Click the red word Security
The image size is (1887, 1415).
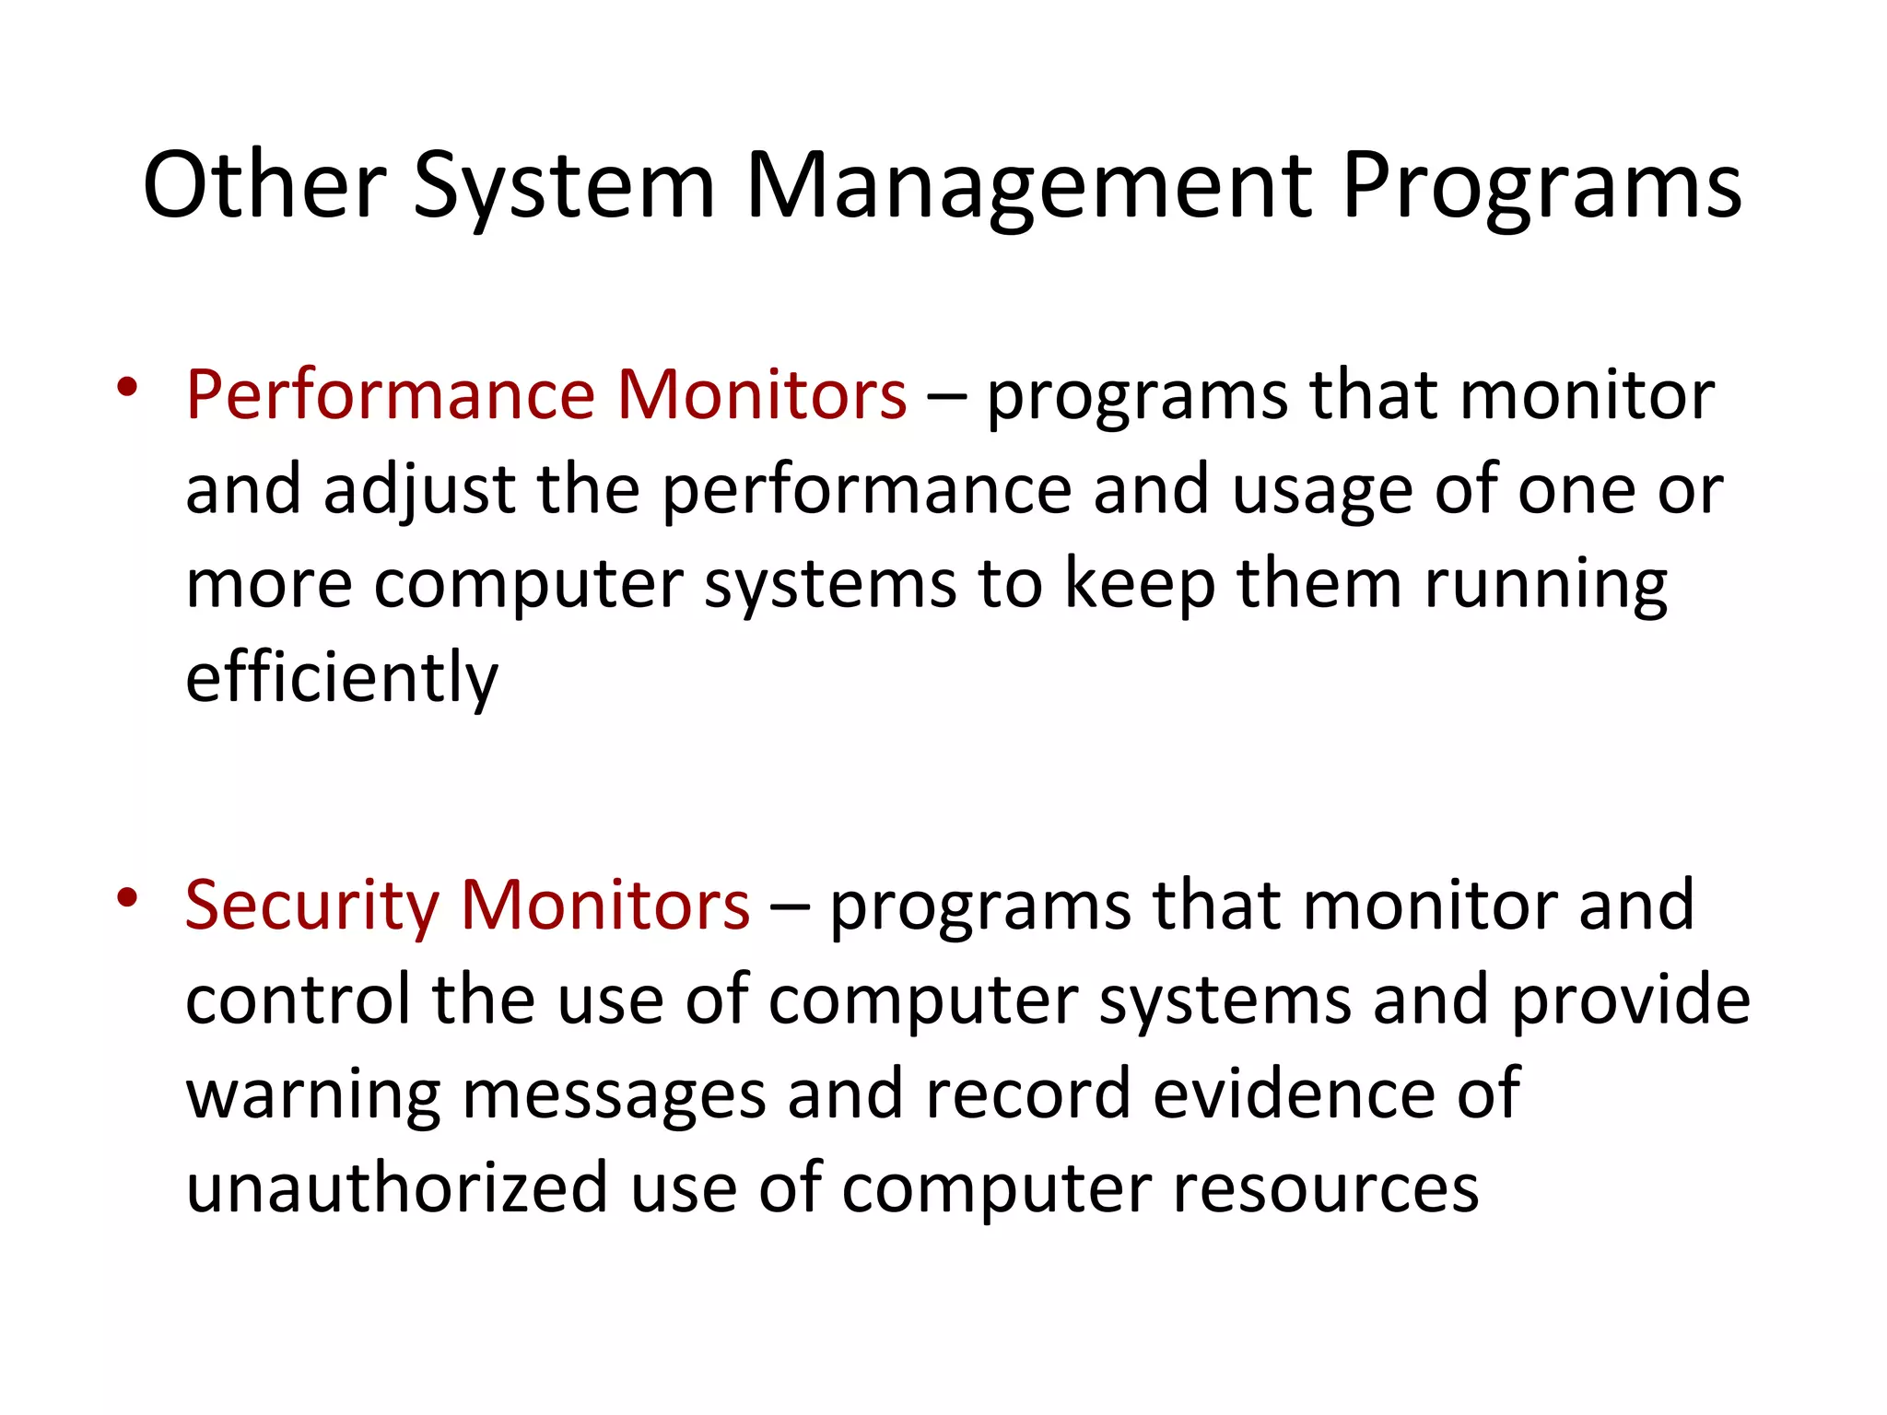(311, 905)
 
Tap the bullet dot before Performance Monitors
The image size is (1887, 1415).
(127, 386)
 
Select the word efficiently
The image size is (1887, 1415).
(341, 677)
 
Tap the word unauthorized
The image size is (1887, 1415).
(396, 1187)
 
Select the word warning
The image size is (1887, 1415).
(313, 1093)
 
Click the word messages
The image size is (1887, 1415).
(614, 1093)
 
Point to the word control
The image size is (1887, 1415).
(298, 1000)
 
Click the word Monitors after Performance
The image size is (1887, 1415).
(761, 394)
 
